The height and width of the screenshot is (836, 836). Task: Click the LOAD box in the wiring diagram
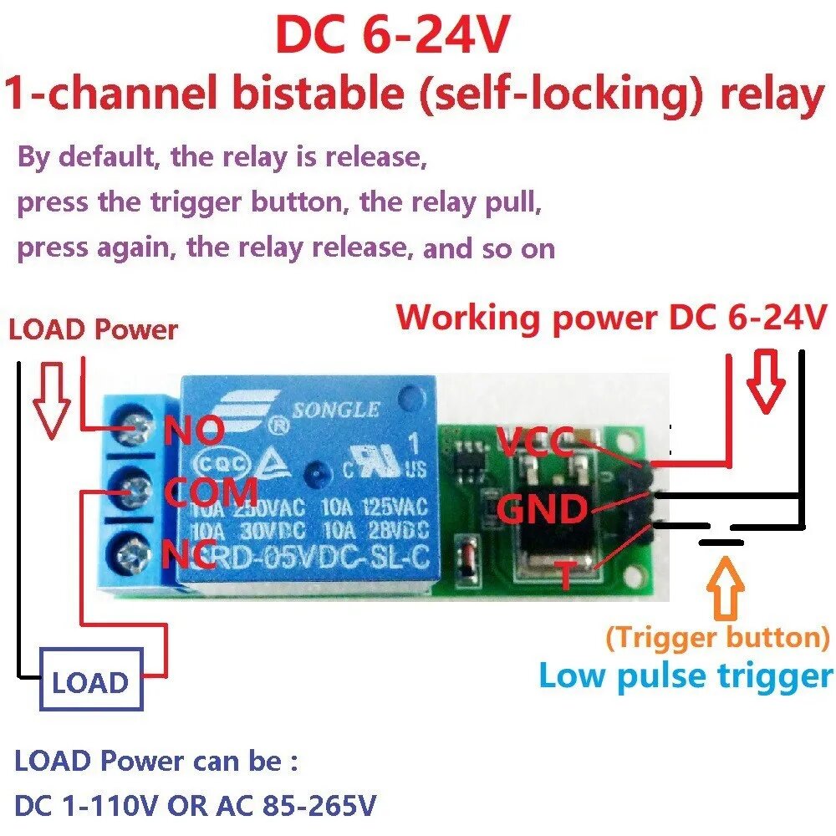click(x=89, y=682)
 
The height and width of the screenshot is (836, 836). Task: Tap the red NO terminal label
click(x=194, y=432)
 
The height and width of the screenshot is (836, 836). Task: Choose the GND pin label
click(x=543, y=509)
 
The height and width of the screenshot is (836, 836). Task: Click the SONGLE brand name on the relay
click(x=335, y=410)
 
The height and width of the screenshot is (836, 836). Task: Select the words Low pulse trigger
click(x=686, y=675)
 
